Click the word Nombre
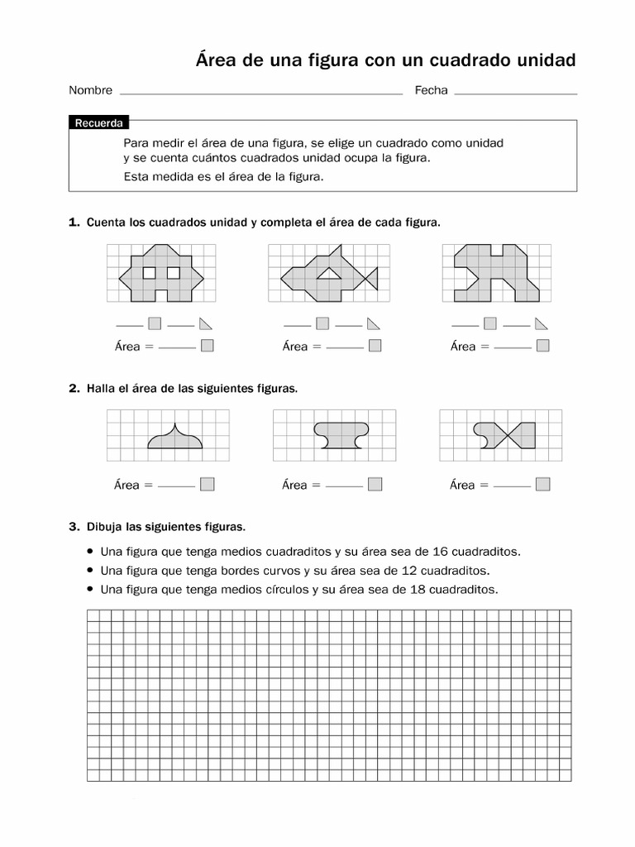click(x=90, y=90)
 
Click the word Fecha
click(x=431, y=90)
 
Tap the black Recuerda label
click(x=99, y=123)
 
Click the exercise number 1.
click(x=74, y=223)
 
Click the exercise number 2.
click(x=74, y=388)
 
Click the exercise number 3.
click(x=74, y=526)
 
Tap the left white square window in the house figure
click(x=150, y=272)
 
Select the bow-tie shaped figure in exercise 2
click(x=504, y=435)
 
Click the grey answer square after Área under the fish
click(x=375, y=347)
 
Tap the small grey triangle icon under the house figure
click(x=205, y=323)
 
